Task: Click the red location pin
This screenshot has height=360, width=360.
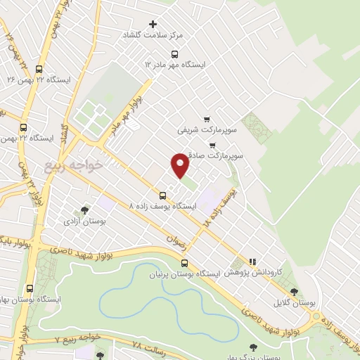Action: coord(181,165)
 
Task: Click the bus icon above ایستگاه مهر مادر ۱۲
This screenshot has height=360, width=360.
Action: coord(174,53)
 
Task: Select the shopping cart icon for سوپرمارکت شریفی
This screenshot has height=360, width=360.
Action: coord(206,120)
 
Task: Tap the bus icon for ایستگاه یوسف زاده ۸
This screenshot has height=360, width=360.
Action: coord(163,195)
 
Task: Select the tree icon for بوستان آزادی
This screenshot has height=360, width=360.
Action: coord(85,210)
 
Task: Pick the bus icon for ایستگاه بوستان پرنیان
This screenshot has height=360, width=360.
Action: coord(184,263)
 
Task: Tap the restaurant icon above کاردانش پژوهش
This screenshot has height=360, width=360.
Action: coord(252,262)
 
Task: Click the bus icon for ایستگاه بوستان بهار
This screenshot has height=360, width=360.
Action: coord(30,288)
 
